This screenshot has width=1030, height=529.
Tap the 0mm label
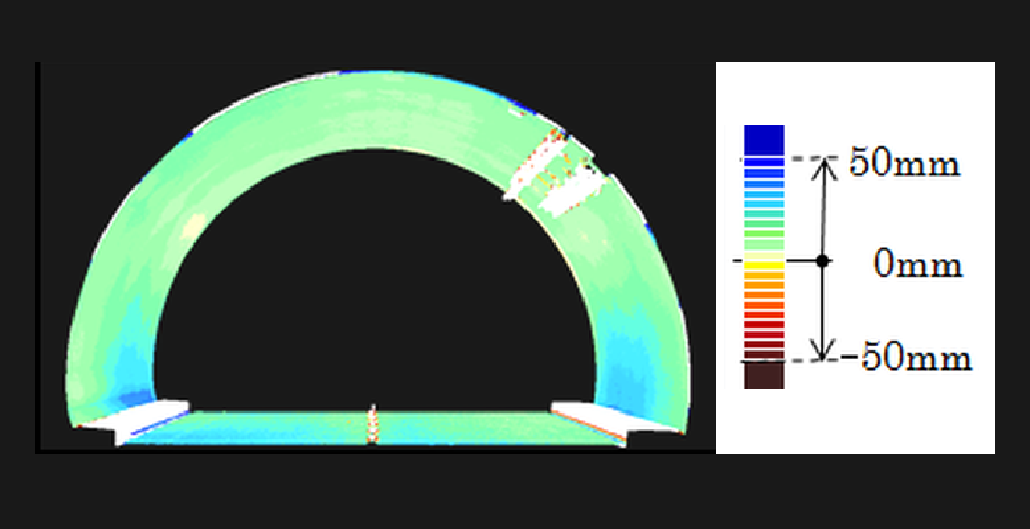click(x=918, y=263)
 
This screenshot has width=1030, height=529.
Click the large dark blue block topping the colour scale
click(x=764, y=140)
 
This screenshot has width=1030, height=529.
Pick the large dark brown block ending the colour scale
click(x=764, y=376)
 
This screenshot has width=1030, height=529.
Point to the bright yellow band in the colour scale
click(x=764, y=266)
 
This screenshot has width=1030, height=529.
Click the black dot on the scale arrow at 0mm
click(x=823, y=261)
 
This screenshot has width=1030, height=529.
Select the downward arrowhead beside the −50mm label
click(x=822, y=350)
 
